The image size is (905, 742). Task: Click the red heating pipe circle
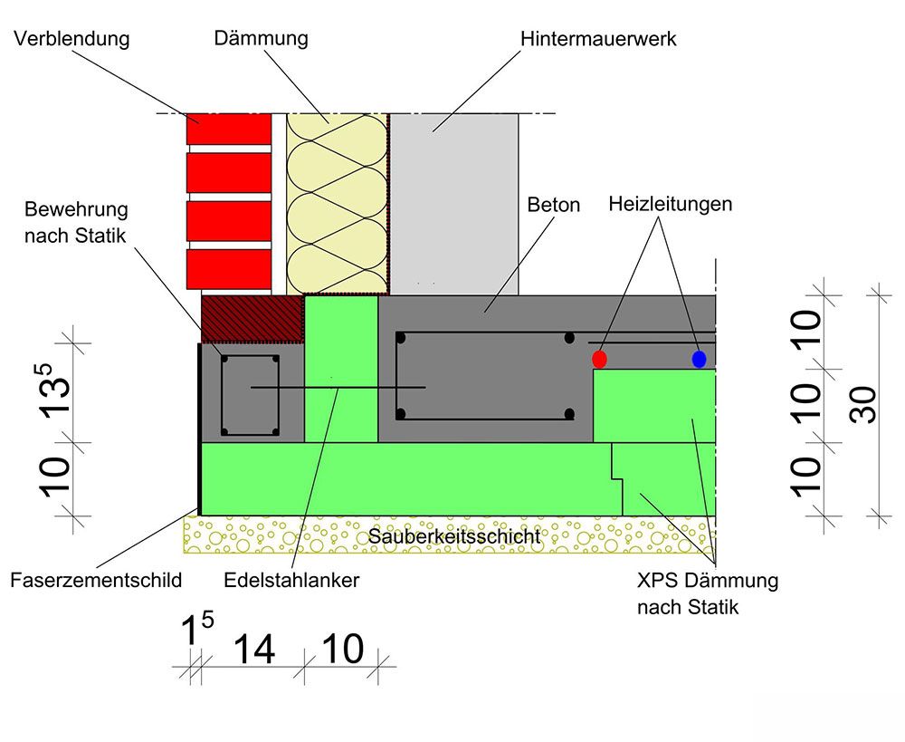click(599, 359)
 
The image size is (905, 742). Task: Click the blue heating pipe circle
click(699, 359)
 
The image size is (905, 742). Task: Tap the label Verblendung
click(72, 39)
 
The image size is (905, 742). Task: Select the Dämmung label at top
click(261, 39)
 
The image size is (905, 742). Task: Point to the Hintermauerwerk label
click(598, 39)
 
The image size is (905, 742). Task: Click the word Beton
click(553, 205)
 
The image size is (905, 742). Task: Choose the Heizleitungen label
click(670, 205)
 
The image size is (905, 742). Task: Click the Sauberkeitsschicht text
click(454, 536)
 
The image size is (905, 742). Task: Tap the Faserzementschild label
click(95, 581)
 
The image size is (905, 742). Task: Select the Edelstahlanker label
click(291, 581)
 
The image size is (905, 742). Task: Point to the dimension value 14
click(254, 649)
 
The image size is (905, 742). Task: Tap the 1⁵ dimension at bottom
click(197, 631)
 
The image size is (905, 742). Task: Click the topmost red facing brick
click(229, 129)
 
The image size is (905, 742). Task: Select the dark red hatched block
click(252, 315)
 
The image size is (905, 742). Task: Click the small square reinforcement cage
click(251, 395)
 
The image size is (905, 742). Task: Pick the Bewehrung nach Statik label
click(76, 220)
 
